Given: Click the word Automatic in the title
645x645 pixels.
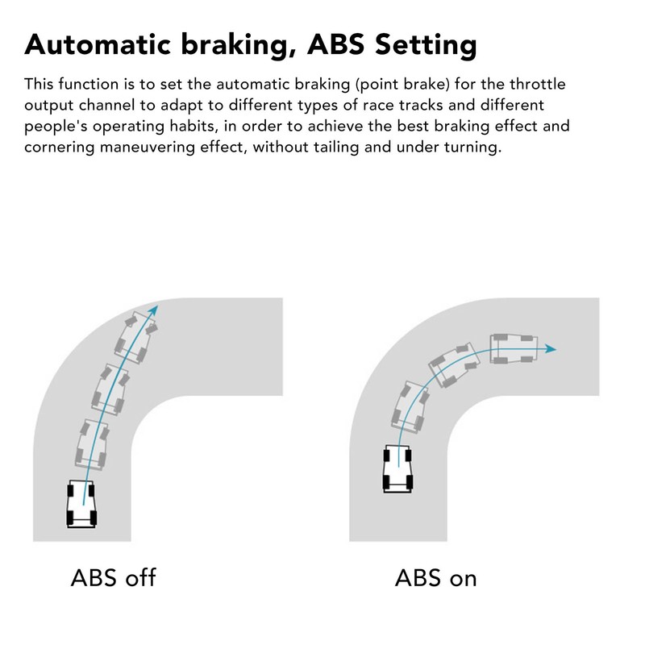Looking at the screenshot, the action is pos(98,44).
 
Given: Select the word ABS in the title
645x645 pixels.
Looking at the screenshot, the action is pos(335,44).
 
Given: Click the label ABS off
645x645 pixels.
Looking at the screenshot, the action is pos(113,577).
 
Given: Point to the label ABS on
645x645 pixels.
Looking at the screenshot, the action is pos(435,578).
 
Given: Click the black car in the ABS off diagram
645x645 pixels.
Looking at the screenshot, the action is pos(81,504).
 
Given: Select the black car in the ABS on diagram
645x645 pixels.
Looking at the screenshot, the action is pos(397,468).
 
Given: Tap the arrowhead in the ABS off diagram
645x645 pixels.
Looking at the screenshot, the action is pos(153,310).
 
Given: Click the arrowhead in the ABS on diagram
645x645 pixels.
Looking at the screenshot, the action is pos(551,349).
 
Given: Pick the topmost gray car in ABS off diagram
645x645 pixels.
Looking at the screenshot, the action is pos(136,337).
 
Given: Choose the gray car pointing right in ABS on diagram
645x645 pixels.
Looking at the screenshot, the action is pos(514,349).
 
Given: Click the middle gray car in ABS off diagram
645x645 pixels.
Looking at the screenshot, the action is pos(110,389).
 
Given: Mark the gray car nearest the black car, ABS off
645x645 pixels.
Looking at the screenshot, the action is pos(92,445).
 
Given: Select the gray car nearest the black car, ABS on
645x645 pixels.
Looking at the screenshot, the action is pos(410,407).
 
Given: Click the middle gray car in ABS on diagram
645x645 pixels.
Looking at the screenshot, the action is pos(454,365).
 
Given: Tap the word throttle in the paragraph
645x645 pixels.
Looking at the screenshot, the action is pos(538,84).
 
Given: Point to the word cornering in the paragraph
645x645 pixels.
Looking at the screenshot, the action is pos(60,148).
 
